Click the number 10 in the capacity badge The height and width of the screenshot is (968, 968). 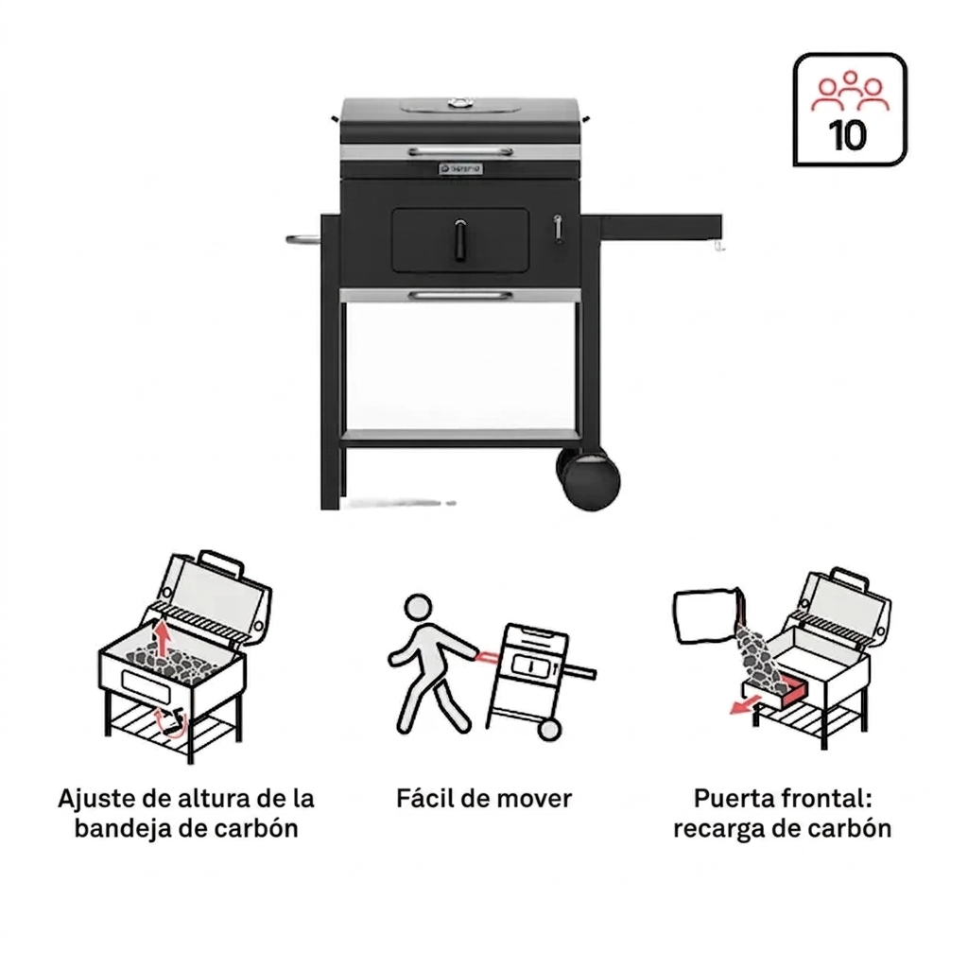[x=848, y=135]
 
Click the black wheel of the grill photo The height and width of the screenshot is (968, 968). [x=590, y=477]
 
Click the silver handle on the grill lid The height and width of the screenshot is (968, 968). [x=460, y=151]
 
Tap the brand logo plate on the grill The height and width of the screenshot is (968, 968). [x=460, y=168]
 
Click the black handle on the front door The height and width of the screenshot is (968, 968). [x=460, y=240]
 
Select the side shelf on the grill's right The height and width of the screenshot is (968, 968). [x=660, y=226]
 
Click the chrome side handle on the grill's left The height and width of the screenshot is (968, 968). [x=303, y=239]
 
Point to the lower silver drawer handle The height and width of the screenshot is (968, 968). [x=460, y=296]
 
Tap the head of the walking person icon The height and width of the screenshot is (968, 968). [x=419, y=608]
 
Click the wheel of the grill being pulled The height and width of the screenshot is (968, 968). [x=549, y=729]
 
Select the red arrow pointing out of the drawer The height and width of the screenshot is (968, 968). [x=745, y=705]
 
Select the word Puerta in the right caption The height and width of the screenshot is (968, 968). [x=734, y=799]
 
